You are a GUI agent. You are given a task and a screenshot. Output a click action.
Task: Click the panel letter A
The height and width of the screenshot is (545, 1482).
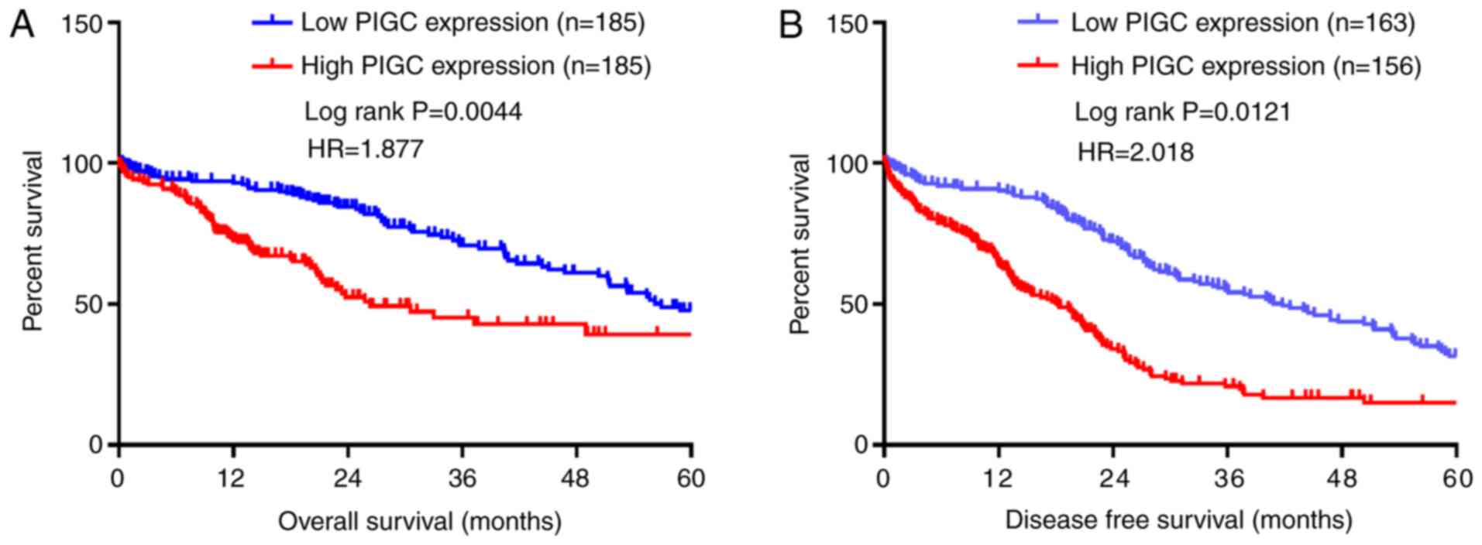(x=21, y=26)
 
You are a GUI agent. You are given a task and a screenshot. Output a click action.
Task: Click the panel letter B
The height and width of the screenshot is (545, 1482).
(x=790, y=26)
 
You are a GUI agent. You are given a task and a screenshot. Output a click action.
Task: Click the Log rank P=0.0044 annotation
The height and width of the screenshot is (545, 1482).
(x=413, y=111)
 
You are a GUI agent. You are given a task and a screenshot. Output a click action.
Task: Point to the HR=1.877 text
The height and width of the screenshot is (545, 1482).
(x=366, y=149)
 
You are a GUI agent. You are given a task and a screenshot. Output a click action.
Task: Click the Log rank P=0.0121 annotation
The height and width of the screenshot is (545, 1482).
(x=1182, y=112)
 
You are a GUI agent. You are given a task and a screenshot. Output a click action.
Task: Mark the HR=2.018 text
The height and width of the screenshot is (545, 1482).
(x=1135, y=152)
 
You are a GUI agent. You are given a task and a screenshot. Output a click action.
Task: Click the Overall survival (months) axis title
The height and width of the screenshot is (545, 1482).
(x=419, y=521)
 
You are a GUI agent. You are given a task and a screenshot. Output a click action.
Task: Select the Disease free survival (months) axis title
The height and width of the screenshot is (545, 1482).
(x=1178, y=519)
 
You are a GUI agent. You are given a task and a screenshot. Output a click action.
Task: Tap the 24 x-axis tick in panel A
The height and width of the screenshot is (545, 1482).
(x=347, y=478)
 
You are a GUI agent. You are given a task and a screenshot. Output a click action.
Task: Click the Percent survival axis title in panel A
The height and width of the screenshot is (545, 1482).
(x=33, y=242)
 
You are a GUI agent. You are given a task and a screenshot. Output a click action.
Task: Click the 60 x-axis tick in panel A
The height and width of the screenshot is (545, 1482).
(x=689, y=478)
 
